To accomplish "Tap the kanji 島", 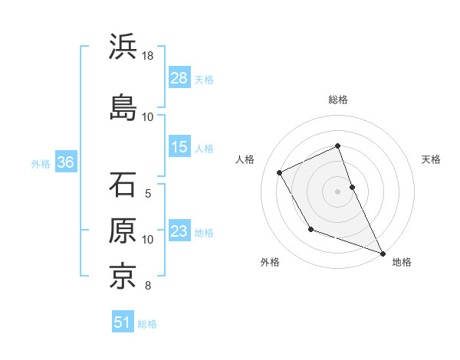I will [123, 106].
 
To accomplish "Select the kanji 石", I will [123, 185].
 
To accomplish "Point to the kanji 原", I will [123, 231].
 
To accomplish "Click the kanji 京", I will [123, 275].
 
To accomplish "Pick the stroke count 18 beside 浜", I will [148, 56].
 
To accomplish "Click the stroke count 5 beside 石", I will [148, 194].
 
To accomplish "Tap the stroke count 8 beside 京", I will [148, 286].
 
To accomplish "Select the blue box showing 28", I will [179, 78].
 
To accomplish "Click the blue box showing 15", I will [179, 147].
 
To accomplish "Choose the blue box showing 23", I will [179, 231].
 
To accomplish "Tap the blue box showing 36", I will [65, 162].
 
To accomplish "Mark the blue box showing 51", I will [123, 322].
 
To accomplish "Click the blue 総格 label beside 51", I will [148, 324].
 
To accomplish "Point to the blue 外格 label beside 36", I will [41, 164].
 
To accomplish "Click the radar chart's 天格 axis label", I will [431, 159].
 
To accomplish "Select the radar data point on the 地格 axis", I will [383, 253].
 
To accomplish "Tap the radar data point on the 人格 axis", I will [280, 172].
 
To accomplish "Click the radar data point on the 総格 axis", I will [338, 146].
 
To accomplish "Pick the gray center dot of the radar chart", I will [338, 191].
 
